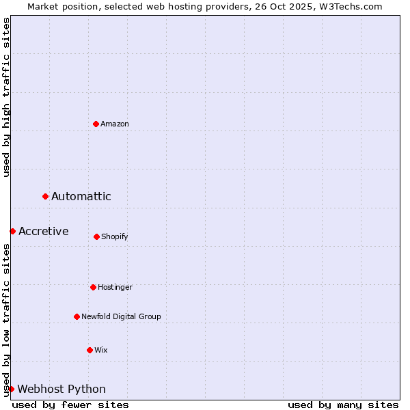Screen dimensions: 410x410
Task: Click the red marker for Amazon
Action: [x=96, y=124]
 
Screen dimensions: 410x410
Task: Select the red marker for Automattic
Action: [x=45, y=196]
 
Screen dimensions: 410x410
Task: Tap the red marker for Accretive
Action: [x=12, y=231]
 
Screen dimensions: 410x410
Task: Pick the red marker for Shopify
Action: [x=96, y=236]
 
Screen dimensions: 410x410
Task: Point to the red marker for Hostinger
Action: [x=93, y=287]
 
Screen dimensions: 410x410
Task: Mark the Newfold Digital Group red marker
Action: [x=77, y=316]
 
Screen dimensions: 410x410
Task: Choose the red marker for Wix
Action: [x=90, y=350]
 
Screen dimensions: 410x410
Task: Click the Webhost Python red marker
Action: [x=11, y=389]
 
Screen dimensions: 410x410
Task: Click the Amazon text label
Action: [x=115, y=124]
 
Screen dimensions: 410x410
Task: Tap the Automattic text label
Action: [x=81, y=197]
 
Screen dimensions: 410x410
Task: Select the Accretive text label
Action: [x=44, y=231]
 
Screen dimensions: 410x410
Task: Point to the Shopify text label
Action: [x=115, y=236]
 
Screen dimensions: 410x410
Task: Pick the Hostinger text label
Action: [x=115, y=287]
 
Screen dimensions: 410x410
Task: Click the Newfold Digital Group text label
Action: [x=121, y=316]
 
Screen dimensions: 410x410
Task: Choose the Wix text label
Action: [x=101, y=350]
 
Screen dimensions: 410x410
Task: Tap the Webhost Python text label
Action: [x=61, y=389]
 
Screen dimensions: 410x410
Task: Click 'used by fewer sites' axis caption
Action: [x=70, y=405]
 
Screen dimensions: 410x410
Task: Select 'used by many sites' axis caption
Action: [x=343, y=405]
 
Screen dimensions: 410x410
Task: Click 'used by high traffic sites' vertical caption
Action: [x=6, y=97]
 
